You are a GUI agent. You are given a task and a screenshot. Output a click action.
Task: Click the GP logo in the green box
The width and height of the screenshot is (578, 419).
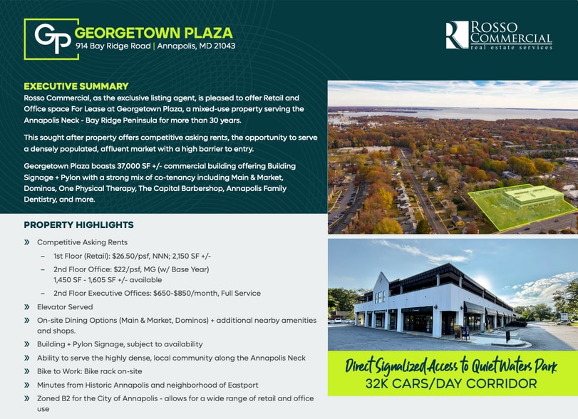[x=51, y=38]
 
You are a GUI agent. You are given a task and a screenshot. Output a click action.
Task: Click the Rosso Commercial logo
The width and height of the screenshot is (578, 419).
[x=499, y=35]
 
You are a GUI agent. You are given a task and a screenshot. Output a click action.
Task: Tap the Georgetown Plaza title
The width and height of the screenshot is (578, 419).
[x=154, y=33]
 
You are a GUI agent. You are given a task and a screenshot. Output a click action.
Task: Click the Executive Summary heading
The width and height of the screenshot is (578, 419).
[x=76, y=86]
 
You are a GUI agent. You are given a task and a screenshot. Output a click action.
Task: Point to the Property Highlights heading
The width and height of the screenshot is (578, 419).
[x=79, y=224]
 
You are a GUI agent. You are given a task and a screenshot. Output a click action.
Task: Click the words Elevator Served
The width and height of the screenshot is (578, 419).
[x=65, y=307]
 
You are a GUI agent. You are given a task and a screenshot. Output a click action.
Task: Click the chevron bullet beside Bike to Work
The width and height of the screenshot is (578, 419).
[x=26, y=371]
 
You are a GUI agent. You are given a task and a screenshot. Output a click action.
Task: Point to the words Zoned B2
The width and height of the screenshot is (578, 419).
[x=53, y=398]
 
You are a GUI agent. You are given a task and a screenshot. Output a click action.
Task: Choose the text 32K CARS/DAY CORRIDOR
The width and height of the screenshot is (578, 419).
[x=451, y=383]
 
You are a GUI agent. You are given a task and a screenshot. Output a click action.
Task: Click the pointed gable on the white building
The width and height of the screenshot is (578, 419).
[x=381, y=283]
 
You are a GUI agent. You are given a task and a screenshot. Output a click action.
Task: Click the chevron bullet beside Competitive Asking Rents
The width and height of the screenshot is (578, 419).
[x=26, y=242]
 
